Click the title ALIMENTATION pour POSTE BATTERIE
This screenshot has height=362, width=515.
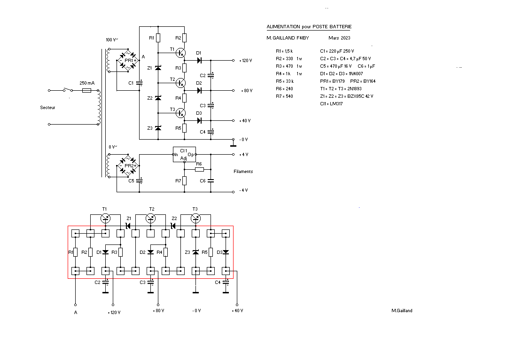tap(309, 27)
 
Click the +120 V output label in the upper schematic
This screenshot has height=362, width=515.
tap(246, 61)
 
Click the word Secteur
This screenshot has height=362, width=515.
tap(47, 108)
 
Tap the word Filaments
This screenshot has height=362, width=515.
tap(243, 172)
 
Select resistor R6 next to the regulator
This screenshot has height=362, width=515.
tap(199, 169)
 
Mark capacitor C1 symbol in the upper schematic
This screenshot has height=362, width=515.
tap(140, 83)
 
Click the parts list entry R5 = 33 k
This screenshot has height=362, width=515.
tap(285, 81)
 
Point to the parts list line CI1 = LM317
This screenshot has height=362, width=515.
tap(331, 103)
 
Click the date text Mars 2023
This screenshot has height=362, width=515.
tap(339, 38)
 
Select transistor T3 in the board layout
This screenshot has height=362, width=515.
tap(196, 218)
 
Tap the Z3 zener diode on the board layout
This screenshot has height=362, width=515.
tap(196, 252)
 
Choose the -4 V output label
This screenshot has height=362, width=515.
tap(243, 190)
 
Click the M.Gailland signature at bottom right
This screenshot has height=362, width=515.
tap(402, 310)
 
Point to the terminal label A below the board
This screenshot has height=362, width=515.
tap(75, 312)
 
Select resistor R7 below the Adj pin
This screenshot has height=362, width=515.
tap(185, 181)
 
